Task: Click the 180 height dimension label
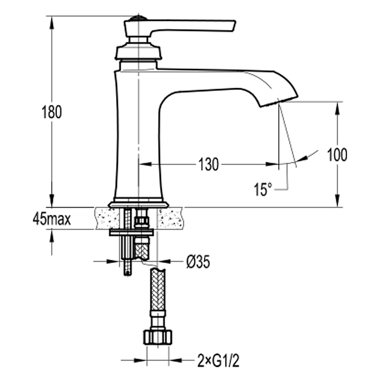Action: click(52, 112)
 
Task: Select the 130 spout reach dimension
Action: click(209, 164)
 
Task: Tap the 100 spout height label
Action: click(337, 155)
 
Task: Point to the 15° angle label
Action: click(263, 189)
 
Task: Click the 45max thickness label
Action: click(52, 220)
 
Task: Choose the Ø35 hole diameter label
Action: click(198, 262)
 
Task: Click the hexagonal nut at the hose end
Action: click(158, 337)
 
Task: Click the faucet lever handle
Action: click(180, 27)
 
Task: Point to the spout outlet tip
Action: click(279, 101)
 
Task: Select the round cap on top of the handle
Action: click(138, 18)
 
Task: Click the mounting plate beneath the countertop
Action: click(131, 233)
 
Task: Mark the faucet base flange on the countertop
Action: click(138, 204)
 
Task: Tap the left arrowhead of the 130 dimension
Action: click(145, 164)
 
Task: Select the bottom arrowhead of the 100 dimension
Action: click(337, 201)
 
